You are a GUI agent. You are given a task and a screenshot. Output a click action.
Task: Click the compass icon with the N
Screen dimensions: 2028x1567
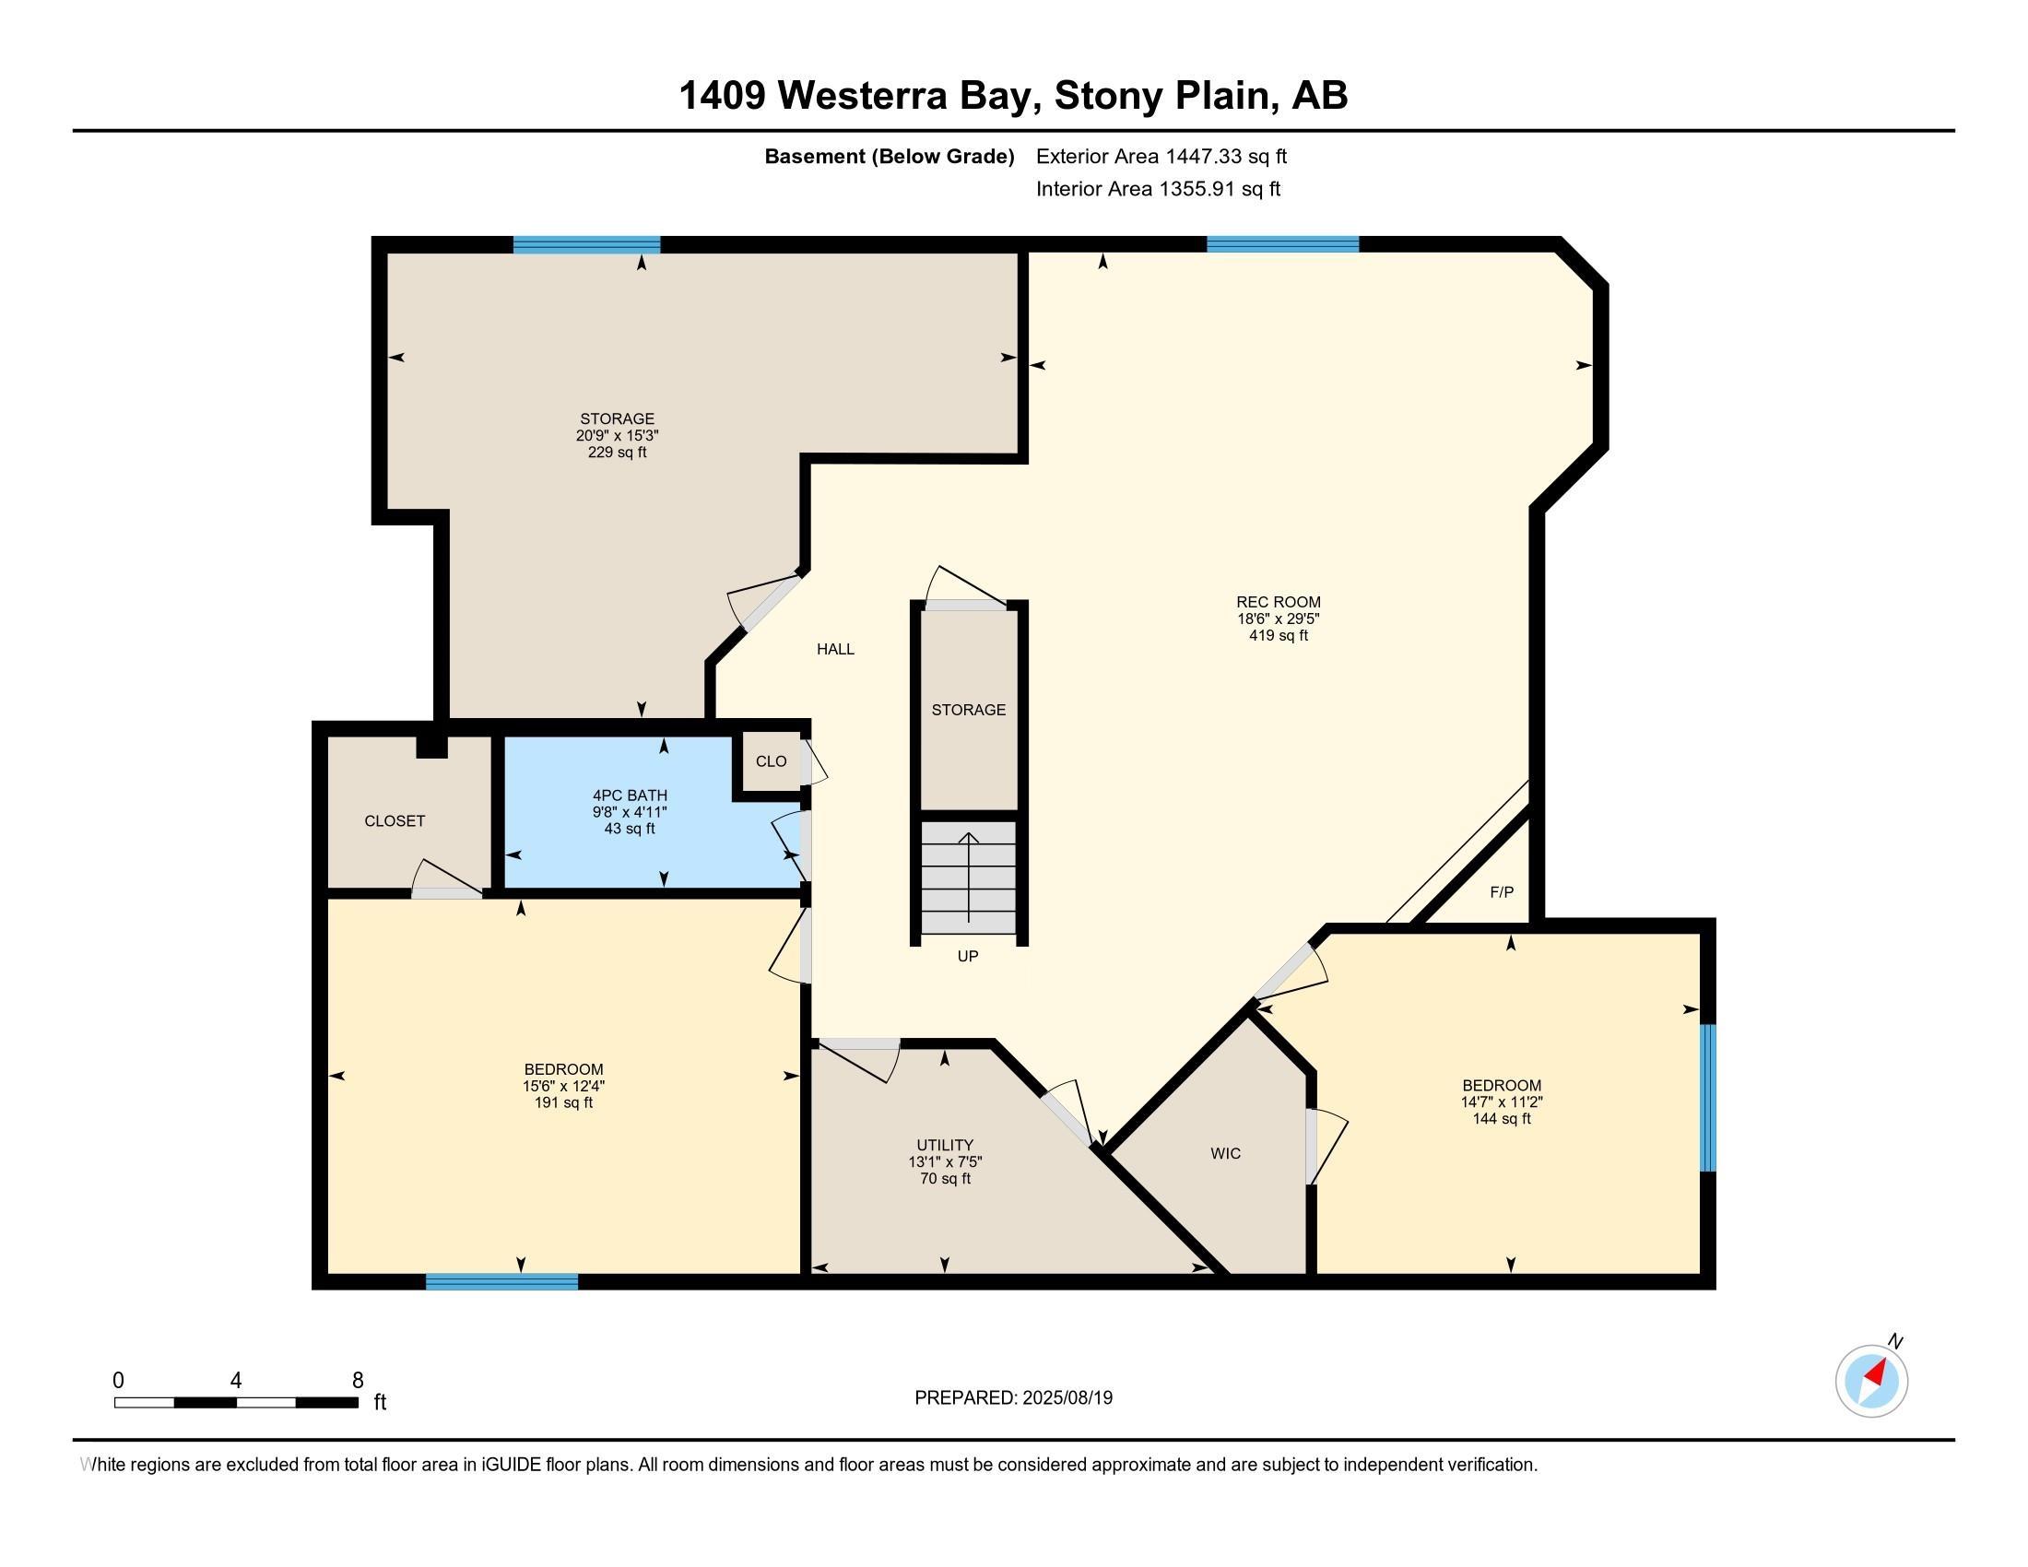[x=1872, y=1381]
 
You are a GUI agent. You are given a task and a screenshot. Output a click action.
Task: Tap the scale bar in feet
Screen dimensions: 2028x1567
[x=236, y=1402]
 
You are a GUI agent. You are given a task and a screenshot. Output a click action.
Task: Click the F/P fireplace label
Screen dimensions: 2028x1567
[x=1502, y=892]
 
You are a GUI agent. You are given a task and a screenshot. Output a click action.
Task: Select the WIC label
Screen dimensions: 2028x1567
[x=1226, y=1153]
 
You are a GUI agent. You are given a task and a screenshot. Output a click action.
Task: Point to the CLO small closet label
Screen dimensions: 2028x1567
[x=771, y=761]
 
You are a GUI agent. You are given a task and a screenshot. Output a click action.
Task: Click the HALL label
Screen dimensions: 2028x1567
[x=836, y=649]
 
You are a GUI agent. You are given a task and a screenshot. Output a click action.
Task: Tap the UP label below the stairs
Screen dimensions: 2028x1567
[x=968, y=956]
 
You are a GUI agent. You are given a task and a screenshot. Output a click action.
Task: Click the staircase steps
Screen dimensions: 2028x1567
[x=969, y=878]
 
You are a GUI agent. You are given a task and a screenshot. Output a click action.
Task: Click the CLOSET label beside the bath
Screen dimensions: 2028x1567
[x=395, y=820]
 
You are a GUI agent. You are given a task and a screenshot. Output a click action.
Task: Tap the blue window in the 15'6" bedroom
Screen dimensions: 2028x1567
[x=501, y=1281]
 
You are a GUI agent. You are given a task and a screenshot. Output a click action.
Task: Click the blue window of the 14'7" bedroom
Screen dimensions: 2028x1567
[x=1707, y=1097]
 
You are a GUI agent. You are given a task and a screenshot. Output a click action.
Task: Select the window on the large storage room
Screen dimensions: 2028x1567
[x=587, y=245]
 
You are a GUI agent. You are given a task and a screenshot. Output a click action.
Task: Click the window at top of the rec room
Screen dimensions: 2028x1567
[x=1282, y=245]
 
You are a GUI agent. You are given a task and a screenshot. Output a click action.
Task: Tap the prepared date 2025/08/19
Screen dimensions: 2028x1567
[x=1066, y=1398]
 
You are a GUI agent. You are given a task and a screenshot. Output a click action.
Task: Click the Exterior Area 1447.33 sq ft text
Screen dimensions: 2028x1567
[x=1161, y=156]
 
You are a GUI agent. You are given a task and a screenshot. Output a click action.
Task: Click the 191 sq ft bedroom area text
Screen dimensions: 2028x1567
[x=563, y=1102]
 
